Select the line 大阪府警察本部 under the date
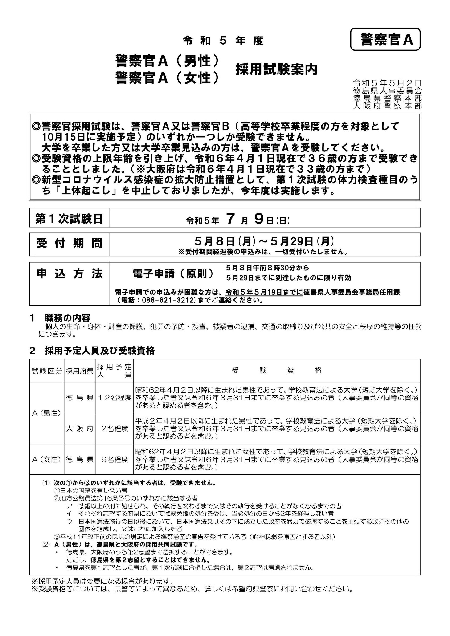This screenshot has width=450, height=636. coord(387,106)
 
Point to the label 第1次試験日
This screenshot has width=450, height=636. coord(69,219)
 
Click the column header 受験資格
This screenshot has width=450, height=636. coord(277,370)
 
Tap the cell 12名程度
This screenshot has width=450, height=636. coord(114,398)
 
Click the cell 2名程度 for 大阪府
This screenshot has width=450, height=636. coord(114,428)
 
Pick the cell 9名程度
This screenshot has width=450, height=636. coord(114,460)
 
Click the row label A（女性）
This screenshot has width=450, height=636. coord(47,460)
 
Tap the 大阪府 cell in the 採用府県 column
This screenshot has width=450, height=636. coord(80,428)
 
